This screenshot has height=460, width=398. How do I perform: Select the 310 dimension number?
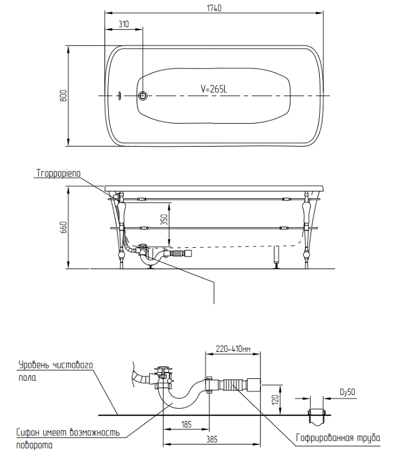[123, 25]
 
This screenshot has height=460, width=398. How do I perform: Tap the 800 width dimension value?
[64, 95]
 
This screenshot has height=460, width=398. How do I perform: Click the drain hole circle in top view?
[143, 95]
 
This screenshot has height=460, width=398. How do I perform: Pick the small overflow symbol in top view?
[119, 95]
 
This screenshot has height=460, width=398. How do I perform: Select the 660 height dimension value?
[64, 228]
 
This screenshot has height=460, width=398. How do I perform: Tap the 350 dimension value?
[163, 221]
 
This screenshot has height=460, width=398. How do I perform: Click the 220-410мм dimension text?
[233, 348]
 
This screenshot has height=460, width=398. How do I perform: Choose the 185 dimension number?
[186, 424]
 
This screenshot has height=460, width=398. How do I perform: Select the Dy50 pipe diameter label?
[347, 393]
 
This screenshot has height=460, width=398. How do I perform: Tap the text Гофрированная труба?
[338, 438]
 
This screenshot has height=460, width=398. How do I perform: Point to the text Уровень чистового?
[55, 365]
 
